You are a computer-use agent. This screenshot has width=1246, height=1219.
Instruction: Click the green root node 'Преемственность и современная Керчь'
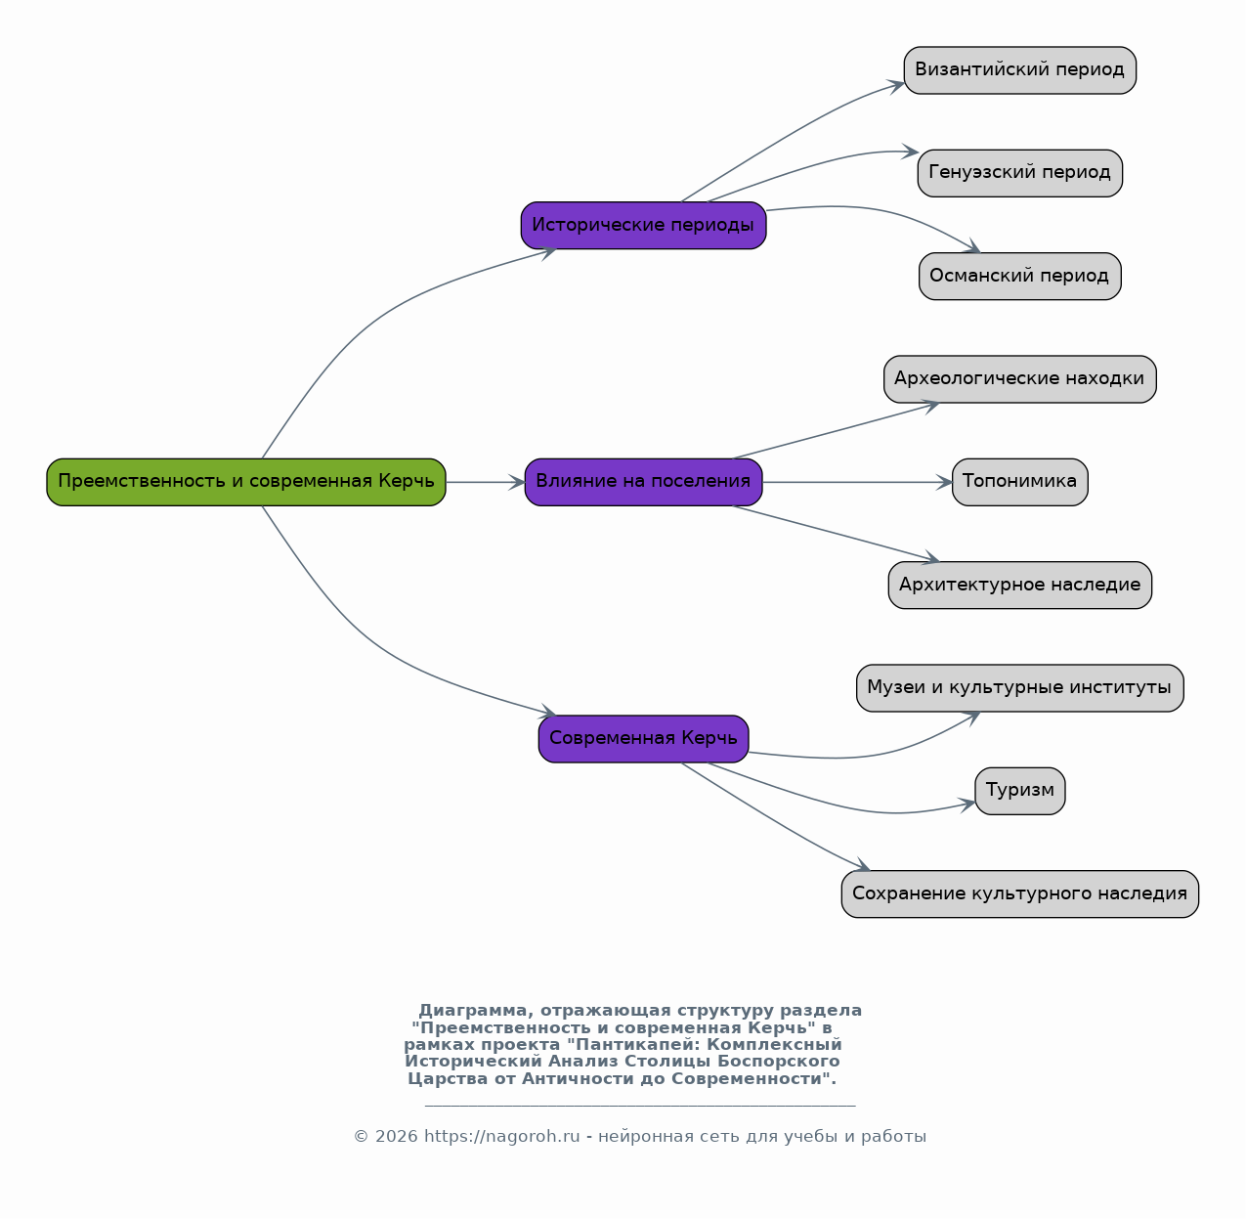[246, 482]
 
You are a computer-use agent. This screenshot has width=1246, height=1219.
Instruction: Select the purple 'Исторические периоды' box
[644, 226]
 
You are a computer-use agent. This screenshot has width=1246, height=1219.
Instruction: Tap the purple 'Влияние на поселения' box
[644, 482]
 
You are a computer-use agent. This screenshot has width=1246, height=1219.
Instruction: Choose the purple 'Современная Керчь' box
[644, 739]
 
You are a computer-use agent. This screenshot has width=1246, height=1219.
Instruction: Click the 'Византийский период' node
[1020, 70]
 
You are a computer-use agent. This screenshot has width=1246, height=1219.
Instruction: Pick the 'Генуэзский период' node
[1020, 174]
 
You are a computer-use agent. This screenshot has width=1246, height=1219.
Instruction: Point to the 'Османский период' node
[1020, 276]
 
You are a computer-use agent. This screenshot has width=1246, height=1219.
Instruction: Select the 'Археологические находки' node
[1020, 379]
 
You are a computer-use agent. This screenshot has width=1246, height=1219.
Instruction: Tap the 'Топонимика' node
[1020, 482]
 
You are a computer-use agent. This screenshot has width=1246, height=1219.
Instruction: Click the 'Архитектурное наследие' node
[1020, 586]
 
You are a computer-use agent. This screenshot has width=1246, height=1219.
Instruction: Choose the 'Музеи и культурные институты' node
[1020, 688]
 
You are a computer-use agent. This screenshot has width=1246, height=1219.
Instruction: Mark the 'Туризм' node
[1020, 791]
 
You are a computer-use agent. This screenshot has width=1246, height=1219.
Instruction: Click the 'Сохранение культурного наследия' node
[1020, 894]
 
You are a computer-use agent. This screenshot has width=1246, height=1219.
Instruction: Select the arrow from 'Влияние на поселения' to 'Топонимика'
[858, 482]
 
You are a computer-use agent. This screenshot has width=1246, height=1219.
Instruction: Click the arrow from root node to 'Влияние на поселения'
[486, 482]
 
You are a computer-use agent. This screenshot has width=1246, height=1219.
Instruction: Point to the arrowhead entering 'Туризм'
[967, 805]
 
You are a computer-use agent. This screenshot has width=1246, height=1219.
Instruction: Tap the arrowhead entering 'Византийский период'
[896, 86]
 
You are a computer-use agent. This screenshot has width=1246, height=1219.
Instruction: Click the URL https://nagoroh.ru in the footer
[502, 1136]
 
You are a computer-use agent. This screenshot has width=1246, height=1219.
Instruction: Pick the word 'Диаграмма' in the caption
[474, 1011]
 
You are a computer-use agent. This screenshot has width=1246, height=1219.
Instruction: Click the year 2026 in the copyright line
[397, 1136]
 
